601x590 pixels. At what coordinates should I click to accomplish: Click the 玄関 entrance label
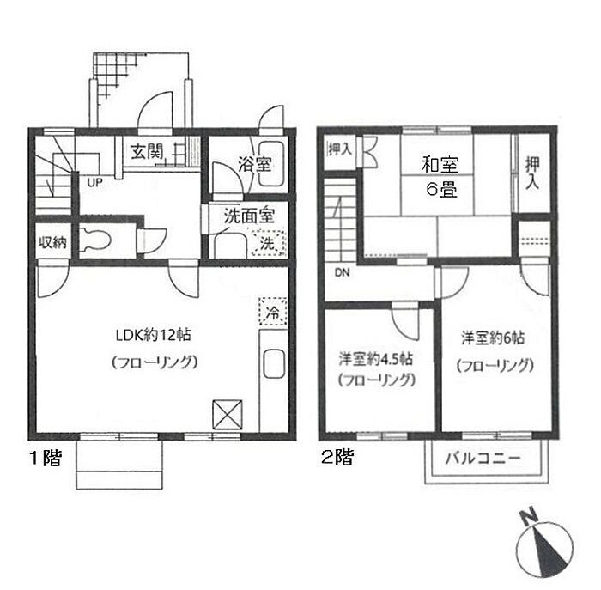click(x=147, y=152)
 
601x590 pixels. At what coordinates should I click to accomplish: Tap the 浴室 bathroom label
click(x=255, y=165)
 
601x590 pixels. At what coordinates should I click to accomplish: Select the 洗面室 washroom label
click(x=249, y=216)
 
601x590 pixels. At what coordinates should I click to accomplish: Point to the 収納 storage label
click(x=53, y=242)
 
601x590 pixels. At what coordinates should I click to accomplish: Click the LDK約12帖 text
click(x=154, y=335)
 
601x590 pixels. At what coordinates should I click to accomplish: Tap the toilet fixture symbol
click(x=95, y=240)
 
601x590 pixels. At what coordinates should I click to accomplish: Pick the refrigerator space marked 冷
click(x=273, y=312)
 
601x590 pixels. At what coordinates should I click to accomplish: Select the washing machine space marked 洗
click(x=268, y=243)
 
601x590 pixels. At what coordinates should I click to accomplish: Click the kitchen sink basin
click(x=274, y=363)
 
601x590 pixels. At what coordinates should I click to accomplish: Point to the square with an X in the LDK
click(x=228, y=415)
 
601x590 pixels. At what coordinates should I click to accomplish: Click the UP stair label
click(x=94, y=183)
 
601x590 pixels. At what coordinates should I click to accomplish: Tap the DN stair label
click(x=343, y=272)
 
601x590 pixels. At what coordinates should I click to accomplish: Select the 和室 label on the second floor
click(x=440, y=165)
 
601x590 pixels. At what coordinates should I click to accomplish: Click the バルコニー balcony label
click(x=483, y=458)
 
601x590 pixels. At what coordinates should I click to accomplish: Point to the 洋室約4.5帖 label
click(x=376, y=359)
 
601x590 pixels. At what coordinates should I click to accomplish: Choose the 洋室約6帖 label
click(x=493, y=338)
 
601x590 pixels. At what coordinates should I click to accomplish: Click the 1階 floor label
click(x=46, y=458)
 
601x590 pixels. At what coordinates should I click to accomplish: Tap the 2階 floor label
click(x=337, y=457)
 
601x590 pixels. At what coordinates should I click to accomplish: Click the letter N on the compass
click(x=529, y=517)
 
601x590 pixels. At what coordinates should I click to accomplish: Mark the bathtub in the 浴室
click(x=272, y=164)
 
